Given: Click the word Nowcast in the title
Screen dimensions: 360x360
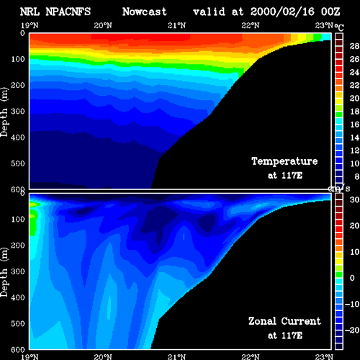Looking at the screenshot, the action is point(144,12).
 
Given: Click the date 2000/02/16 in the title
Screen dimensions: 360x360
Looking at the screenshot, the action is point(282,12).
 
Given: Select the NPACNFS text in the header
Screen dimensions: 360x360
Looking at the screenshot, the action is point(68,12).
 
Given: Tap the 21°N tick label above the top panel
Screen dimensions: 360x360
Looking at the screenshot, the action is point(176,25).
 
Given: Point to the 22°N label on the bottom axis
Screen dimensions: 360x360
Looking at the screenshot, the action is point(251,356).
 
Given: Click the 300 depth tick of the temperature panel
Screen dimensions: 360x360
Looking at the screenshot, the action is point(18,112).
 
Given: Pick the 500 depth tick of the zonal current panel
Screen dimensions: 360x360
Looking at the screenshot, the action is point(18,323).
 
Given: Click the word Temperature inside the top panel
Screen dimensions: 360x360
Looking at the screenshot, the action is point(284,161).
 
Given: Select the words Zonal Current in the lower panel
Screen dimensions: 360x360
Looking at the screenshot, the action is point(284,321).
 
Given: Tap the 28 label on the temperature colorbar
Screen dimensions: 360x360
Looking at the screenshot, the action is point(354,46).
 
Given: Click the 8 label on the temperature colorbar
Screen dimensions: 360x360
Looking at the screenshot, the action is point(357,176).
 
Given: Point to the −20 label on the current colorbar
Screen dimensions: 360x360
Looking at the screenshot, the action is point(352,330).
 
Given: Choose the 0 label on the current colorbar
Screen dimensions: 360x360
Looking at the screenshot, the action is point(352,278).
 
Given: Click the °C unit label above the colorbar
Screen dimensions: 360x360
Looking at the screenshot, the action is point(339,27).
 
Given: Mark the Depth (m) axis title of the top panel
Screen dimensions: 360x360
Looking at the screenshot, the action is point(4,112).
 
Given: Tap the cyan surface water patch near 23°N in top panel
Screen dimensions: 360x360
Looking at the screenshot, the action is point(326,37).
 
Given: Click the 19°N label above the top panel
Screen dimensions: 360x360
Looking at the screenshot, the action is point(30,25).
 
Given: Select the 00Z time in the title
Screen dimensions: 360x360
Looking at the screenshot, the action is point(330,12).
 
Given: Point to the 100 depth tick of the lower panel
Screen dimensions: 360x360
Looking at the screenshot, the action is point(18,219).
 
